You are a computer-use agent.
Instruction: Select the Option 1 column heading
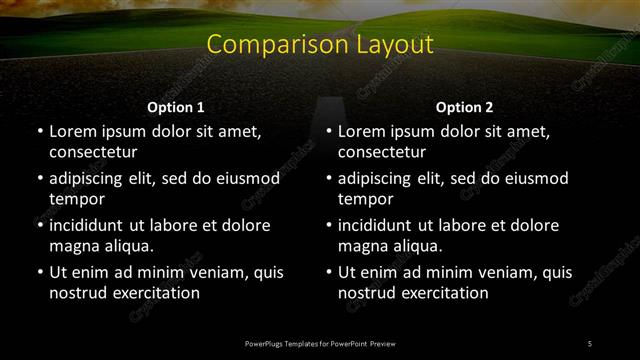[176, 108]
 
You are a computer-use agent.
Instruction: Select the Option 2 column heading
[465, 108]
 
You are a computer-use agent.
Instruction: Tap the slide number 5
[590, 344]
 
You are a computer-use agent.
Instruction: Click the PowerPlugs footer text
[320, 344]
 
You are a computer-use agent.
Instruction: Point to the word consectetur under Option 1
[93, 152]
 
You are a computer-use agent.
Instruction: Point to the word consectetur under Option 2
[382, 152]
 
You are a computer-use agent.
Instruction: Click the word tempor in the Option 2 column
[365, 199]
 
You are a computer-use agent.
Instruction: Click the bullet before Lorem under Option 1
[39, 132]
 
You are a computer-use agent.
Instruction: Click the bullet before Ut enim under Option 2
[328, 273]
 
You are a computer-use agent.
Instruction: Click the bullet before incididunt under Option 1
[39, 226]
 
